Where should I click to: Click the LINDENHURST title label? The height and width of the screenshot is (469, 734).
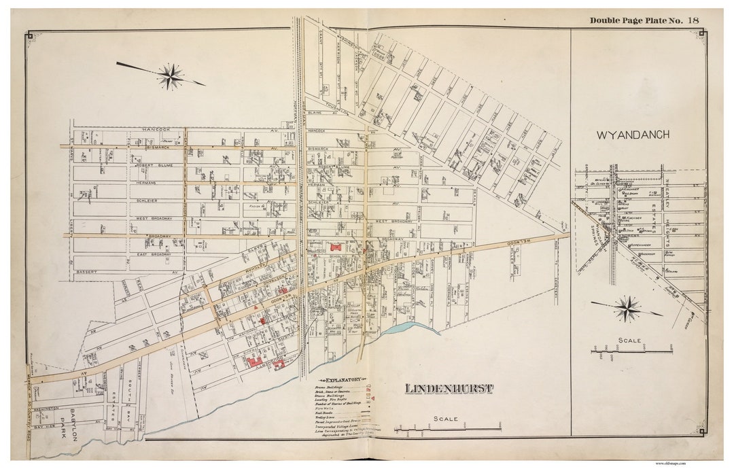(x=440, y=389)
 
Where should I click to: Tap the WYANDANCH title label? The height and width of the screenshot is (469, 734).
(x=633, y=135)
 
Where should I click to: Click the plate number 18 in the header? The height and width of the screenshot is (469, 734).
(x=693, y=20)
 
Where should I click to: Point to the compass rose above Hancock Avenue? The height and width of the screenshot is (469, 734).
(x=169, y=75)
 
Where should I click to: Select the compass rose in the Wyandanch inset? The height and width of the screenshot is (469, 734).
(x=627, y=309)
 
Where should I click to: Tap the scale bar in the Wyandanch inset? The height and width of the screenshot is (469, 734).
(x=632, y=351)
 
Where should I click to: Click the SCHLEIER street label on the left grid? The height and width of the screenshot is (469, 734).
(x=150, y=201)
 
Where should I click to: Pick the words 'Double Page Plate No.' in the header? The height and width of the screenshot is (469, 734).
(x=635, y=20)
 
